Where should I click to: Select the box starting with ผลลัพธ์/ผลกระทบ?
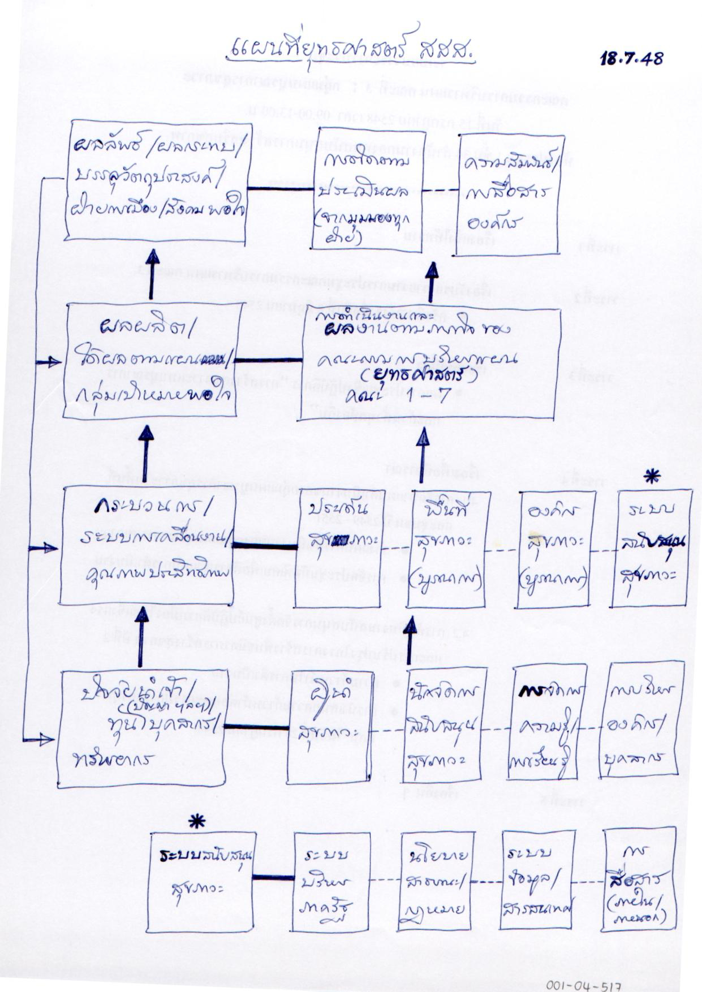coord(157,181)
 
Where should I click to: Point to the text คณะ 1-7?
coord(417,395)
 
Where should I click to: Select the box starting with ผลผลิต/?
coord(151,360)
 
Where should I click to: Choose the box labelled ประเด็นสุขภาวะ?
coord(338,548)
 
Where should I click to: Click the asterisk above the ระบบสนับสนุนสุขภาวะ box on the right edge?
coord(652,477)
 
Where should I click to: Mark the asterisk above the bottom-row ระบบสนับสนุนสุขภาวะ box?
coord(197,821)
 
